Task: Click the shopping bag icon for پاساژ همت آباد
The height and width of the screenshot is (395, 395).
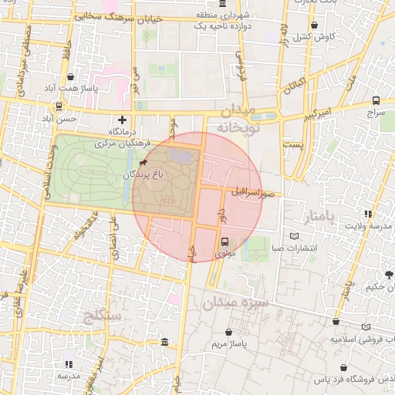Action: tap(72, 77)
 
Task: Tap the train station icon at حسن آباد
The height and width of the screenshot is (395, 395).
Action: tap(59, 107)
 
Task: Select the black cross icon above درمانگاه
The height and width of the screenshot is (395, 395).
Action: tap(123, 120)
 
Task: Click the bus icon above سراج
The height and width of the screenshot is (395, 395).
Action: tap(376, 100)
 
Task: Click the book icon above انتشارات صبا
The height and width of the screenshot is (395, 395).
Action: tap(292, 236)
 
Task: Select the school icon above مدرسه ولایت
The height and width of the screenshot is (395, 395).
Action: tap(368, 213)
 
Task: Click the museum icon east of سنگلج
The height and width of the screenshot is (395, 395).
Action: tap(164, 341)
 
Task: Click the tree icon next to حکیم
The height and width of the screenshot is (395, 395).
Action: tap(389, 275)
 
